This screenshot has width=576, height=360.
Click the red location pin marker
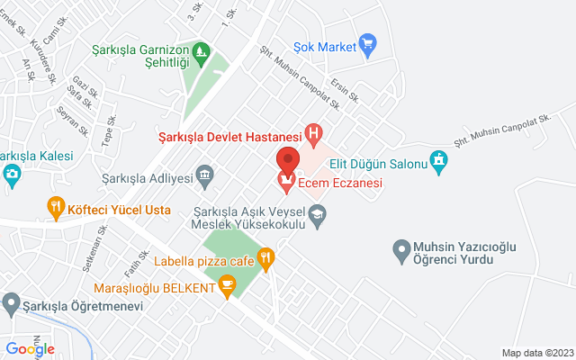point(287,160)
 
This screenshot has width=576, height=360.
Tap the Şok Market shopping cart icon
point(366,42)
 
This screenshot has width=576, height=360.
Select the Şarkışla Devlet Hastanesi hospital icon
point(313,136)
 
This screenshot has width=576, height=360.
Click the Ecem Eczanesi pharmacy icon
point(286,184)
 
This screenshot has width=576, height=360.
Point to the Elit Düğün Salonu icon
point(438,161)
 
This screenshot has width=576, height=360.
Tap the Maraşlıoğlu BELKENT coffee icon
point(227,287)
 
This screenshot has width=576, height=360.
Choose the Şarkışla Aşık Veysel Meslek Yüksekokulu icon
point(317,213)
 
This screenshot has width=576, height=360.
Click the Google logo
point(30,349)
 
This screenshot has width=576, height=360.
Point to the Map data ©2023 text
point(536,353)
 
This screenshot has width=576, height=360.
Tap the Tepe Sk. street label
point(110,131)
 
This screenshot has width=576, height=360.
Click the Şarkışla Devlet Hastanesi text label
point(229,136)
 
